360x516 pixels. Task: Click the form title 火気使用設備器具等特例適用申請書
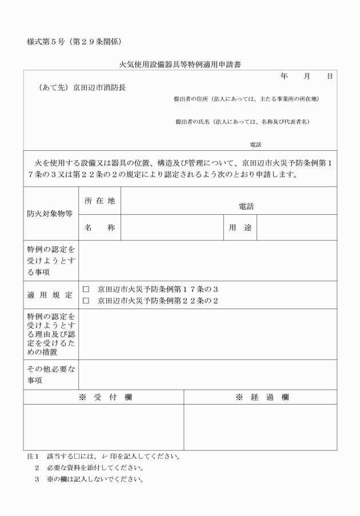point(179,65)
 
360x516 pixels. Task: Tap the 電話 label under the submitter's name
point(255,145)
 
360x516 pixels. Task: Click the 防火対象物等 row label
point(50,214)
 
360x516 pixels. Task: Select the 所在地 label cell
point(100,201)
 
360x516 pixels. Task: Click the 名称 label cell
point(100,228)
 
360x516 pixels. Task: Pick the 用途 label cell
point(241,228)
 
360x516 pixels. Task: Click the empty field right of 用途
point(297,228)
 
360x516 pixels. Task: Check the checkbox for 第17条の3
point(86,290)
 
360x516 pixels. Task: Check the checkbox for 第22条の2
point(86,301)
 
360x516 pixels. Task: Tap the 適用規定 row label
point(50,295)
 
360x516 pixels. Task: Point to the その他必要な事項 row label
point(50,375)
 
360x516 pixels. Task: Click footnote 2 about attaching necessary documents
point(86,467)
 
